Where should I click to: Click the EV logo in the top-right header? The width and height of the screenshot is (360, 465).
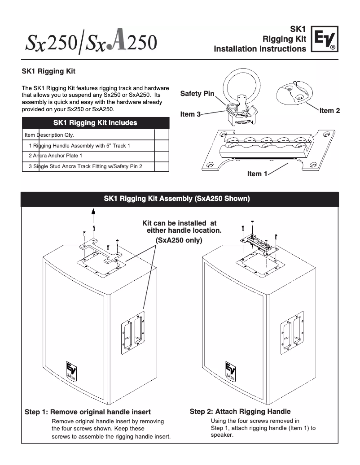[325, 41]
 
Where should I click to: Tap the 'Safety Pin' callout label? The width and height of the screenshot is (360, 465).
[197, 93]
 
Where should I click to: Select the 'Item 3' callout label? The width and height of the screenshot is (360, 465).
[190, 114]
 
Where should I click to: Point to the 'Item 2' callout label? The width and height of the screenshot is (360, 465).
[329, 111]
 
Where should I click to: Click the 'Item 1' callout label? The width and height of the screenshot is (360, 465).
[257, 174]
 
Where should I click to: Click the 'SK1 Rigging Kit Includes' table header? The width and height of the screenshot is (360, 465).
[95, 123]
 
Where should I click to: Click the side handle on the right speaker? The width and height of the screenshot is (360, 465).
[292, 331]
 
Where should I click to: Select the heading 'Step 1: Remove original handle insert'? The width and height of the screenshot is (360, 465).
[88, 412]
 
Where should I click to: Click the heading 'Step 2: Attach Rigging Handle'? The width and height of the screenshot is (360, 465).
[240, 411]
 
